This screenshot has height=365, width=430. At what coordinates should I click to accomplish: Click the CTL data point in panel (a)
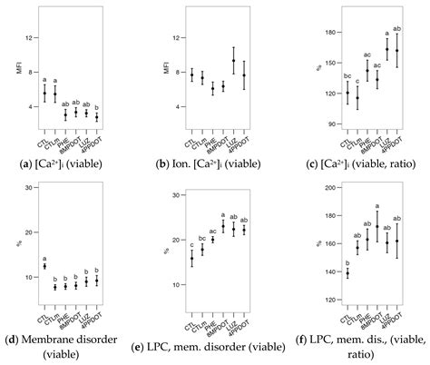pos(44,93)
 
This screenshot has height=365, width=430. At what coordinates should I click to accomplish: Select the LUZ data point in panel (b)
pos(233,61)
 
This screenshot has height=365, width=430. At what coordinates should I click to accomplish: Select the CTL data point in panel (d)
pos(44,266)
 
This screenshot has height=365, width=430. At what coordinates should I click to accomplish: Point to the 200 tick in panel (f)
pos(329,187)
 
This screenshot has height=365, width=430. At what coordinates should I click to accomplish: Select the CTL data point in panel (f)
pos(347,272)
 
